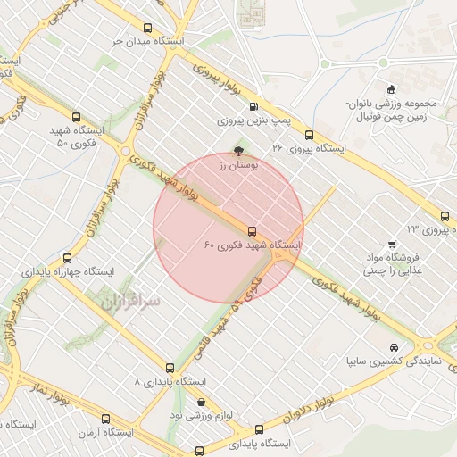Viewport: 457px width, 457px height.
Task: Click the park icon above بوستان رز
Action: (237, 151)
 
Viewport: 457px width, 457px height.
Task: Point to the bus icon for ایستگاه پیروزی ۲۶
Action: (309, 135)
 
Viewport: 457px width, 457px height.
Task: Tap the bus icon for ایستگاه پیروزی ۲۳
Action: (445, 215)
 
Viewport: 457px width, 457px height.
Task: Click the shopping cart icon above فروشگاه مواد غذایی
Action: (391, 245)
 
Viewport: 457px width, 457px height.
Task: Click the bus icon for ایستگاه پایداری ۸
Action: (170, 367)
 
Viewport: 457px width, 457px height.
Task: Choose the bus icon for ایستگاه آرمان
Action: (107, 418)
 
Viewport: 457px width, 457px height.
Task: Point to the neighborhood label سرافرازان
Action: (124, 302)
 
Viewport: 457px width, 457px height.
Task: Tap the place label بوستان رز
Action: (238, 165)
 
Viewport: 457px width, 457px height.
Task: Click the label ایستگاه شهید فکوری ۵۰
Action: (77, 137)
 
